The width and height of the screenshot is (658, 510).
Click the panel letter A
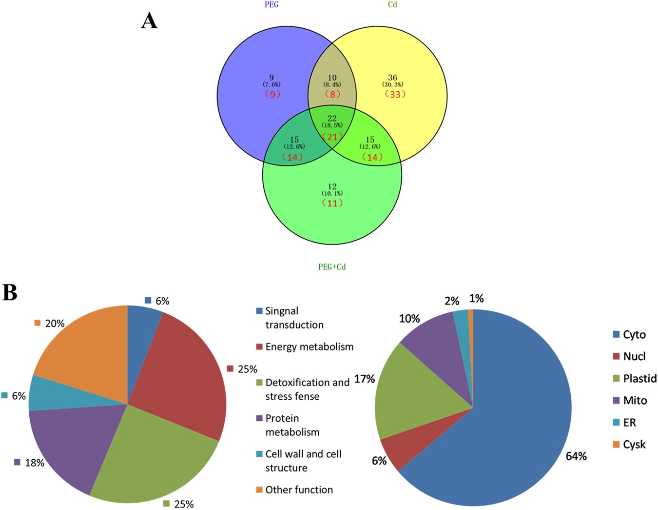tap(149, 21)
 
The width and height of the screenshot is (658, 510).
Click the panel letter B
tap(10, 292)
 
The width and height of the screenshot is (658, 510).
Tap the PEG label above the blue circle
tap(271, 5)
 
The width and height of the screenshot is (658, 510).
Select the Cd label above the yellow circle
tap(392, 5)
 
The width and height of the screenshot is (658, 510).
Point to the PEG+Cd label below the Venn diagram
tap(332, 267)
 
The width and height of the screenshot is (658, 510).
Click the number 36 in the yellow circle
tap(392, 78)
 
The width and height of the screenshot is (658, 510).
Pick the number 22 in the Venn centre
tap(332, 119)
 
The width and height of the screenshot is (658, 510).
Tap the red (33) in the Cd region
tap(395, 94)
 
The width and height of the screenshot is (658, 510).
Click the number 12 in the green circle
tap(332, 187)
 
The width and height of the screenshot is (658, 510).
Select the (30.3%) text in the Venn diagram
tap(392, 85)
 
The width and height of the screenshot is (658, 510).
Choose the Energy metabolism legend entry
tap(309, 347)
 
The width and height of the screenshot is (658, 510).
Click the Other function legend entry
tap(299, 490)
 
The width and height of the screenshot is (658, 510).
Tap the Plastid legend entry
tap(639, 379)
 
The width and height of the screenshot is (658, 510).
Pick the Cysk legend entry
tap(634, 445)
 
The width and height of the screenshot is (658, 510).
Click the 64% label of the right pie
tap(576, 456)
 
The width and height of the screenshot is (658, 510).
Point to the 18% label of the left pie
tap(35, 463)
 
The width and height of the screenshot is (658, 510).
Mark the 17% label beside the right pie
tap(365, 379)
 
